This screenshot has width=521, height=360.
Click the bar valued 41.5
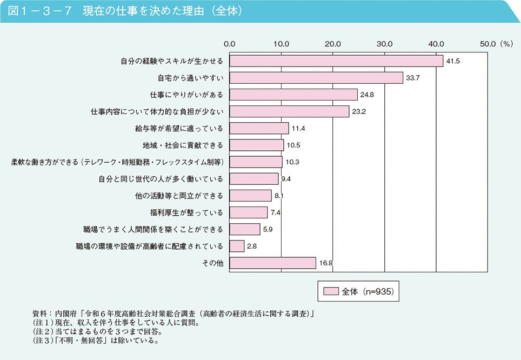click(x=336, y=61)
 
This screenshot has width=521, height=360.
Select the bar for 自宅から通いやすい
click(x=316, y=78)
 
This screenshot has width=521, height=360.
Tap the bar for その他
click(x=272, y=263)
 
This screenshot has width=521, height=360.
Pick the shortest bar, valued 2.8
click(x=237, y=246)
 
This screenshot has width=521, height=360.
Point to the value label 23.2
click(x=359, y=112)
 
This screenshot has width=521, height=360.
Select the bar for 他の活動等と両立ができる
click(x=250, y=196)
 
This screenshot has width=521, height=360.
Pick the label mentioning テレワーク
click(x=118, y=162)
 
